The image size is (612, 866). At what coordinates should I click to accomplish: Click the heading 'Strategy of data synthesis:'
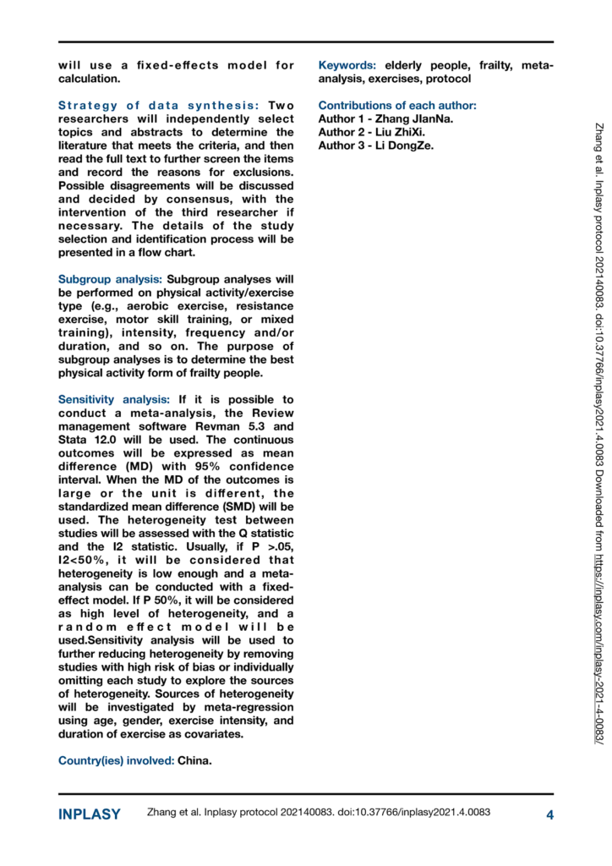[x=158, y=106]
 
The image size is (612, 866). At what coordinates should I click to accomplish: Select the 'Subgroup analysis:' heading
[x=111, y=278]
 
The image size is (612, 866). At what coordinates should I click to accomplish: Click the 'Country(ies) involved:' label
[x=116, y=737]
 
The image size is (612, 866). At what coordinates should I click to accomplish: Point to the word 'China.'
[x=195, y=737]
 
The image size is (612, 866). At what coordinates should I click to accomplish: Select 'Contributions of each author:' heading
[x=396, y=106]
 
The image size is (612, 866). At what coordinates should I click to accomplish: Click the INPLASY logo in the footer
[x=89, y=814]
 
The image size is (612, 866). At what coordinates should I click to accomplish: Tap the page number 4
[x=549, y=814]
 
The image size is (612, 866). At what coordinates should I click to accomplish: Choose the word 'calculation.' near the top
[x=89, y=79]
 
